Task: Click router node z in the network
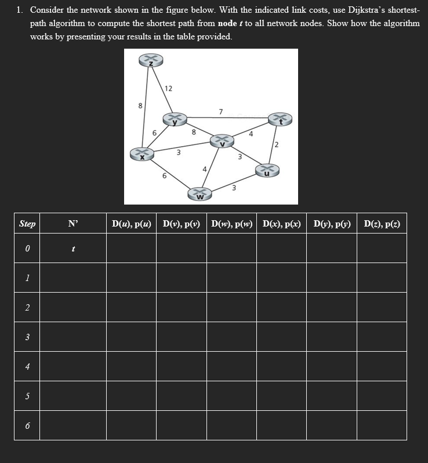tap(151, 61)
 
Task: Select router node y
tap(174, 120)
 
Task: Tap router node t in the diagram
tap(280, 119)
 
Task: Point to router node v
tap(222, 141)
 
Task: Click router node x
tap(142, 154)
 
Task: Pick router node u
tap(267, 170)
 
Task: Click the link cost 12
tap(168, 89)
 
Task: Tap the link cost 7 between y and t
tap(220, 111)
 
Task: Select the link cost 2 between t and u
tap(277, 144)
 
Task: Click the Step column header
tap(27, 223)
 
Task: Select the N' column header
tap(73, 223)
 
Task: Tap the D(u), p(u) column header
tap(131, 223)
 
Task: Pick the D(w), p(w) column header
tap(231, 223)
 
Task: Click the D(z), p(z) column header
tap(382, 223)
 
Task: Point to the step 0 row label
tap(27, 249)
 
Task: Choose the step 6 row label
tap(27, 426)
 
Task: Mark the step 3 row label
tap(27, 337)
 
